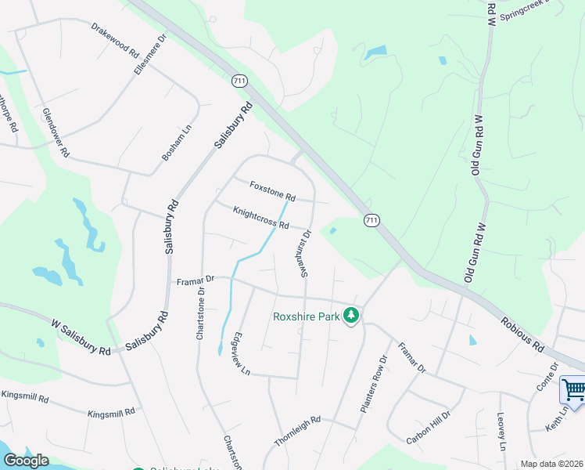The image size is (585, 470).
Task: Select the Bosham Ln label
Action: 177,143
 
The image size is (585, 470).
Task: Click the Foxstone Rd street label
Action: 272,190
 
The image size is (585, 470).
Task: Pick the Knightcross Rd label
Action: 261,217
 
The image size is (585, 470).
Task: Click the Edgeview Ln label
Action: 240,354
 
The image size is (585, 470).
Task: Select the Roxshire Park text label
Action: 306,316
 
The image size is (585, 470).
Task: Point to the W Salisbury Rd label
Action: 81,337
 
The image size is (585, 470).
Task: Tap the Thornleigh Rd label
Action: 297,431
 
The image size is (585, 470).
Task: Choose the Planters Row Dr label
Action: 374,385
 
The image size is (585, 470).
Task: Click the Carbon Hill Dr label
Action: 428,428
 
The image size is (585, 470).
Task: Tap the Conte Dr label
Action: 548,378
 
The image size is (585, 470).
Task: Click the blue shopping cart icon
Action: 573,389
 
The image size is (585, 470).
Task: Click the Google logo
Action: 25,461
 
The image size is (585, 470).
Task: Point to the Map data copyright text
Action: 551,464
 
